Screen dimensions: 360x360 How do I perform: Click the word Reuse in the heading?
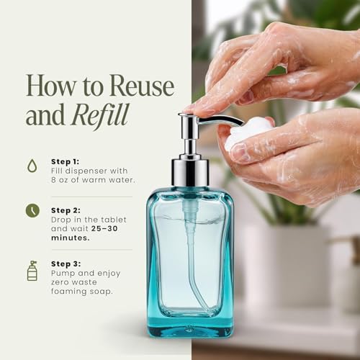click(142, 86)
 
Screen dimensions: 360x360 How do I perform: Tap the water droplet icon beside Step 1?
click(32, 166)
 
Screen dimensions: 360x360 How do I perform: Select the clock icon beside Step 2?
click(32, 210)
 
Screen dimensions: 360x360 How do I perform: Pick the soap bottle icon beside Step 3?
click(32, 271)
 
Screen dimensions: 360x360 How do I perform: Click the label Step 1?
click(66, 162)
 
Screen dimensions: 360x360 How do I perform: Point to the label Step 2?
click(66, 210)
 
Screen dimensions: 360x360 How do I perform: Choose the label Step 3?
click(66, 264)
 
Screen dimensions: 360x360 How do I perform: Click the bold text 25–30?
click(104, 228)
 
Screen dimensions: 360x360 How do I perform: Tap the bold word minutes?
click(71, 238)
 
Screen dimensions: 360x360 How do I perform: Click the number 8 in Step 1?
click(53, 180)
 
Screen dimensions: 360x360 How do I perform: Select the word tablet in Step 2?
click(114, 220)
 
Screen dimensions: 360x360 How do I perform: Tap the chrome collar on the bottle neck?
click(189, 171)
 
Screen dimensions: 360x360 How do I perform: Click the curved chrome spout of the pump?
click(220, 120)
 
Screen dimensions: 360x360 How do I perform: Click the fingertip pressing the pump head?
click(199, 110)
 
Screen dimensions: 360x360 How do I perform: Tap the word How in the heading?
click(50, 86)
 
